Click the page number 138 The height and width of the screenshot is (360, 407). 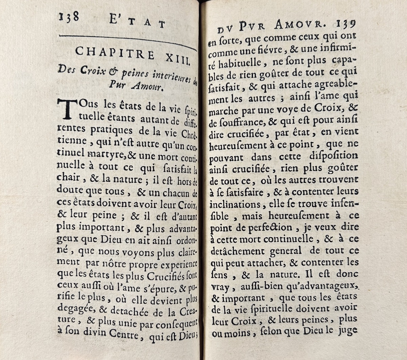click(x=69, y=17)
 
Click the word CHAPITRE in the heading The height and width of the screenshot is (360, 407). click(x=115, y=54)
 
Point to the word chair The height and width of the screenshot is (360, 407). click(x=68, y=177)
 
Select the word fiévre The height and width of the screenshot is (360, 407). click(x=265, y=50)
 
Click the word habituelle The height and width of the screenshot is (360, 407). click(x=242, y=63)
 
